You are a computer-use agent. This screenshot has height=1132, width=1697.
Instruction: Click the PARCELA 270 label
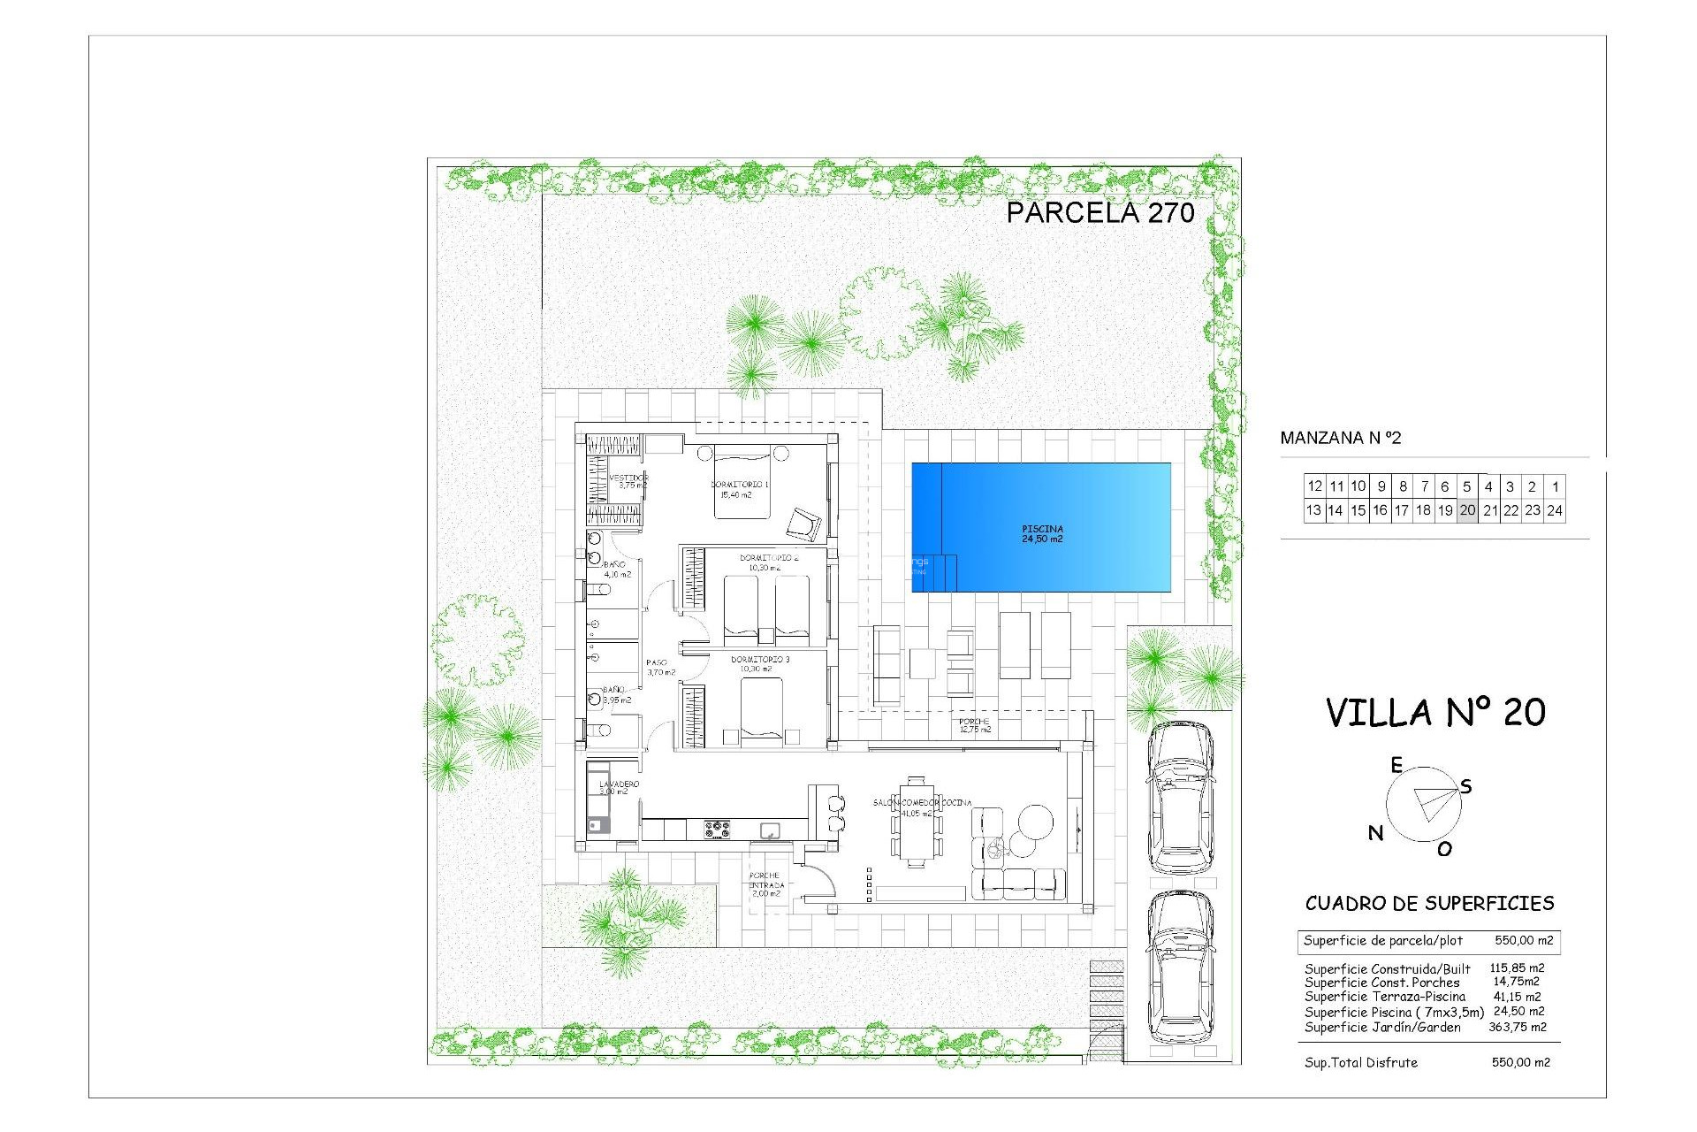1100,213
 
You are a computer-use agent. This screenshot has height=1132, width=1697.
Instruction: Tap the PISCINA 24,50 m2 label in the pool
1042,534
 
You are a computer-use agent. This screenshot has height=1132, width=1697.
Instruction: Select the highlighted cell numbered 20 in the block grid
1467,510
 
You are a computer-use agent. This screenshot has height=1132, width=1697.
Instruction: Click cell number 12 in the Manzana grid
1314,486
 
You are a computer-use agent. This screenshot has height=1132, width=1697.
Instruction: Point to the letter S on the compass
1465,786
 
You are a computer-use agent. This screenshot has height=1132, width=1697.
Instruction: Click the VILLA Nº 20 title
1435,713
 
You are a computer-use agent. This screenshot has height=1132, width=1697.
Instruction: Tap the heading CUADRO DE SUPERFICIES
1429,903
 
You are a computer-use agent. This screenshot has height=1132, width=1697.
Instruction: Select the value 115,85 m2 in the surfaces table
1517,968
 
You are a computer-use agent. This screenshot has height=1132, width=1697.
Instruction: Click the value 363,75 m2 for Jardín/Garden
1517,1027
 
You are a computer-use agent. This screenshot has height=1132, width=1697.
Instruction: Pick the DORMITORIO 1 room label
739,489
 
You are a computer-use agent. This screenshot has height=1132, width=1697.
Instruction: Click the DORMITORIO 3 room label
759,664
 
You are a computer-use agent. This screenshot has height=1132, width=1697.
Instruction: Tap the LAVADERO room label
618,787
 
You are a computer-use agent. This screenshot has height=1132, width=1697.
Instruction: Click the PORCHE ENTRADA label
765,884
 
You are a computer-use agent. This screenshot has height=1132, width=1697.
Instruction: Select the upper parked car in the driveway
1180,796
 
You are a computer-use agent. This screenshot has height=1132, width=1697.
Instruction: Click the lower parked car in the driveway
1180,968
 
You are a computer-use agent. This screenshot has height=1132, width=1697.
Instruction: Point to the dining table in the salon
917,822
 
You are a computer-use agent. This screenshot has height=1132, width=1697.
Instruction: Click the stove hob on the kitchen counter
717,830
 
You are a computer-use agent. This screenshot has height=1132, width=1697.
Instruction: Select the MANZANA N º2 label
1340,438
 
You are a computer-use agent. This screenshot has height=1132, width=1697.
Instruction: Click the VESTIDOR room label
628,481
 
